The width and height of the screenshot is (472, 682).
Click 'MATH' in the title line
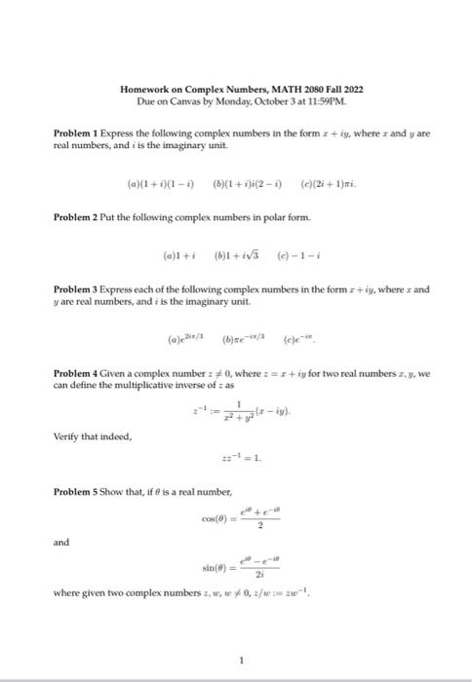[x=283, y=89]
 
